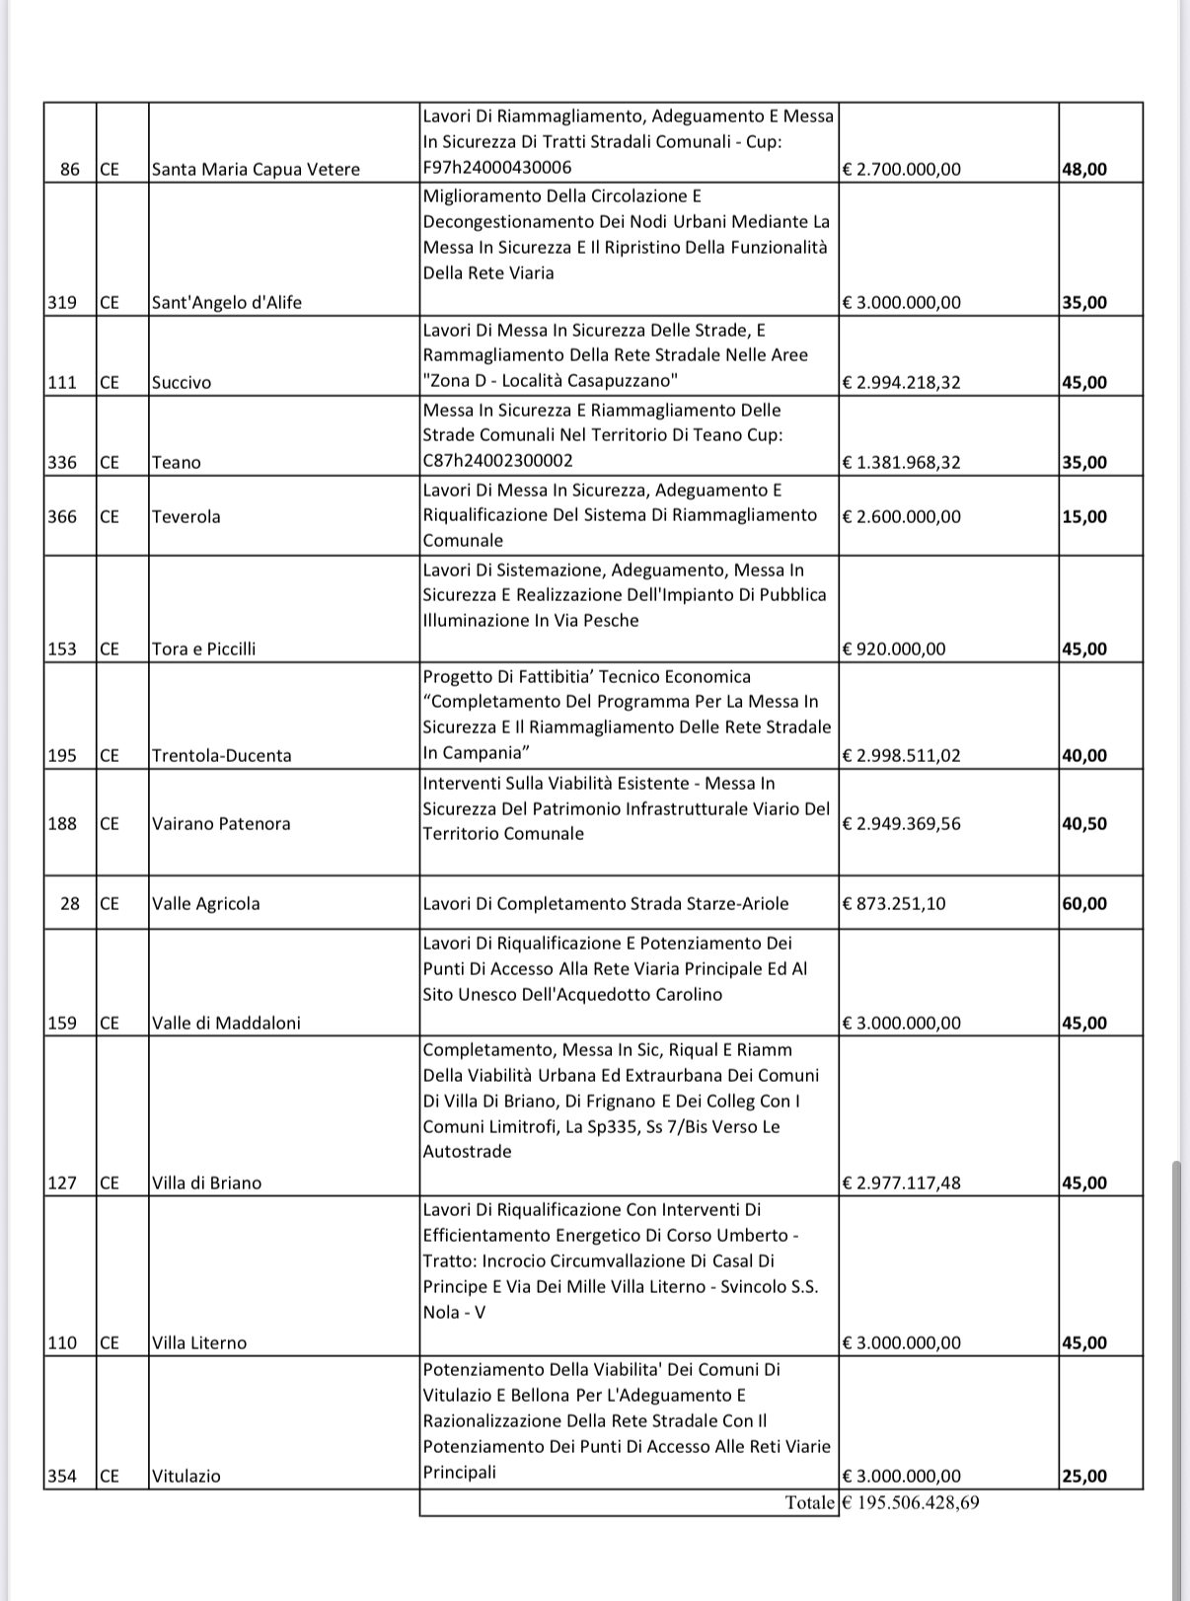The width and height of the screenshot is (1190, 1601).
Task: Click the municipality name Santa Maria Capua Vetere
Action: pos(256,170)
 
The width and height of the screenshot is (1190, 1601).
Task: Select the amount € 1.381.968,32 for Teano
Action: pos(901,463)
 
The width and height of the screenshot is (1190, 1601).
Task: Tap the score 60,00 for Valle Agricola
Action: pos(1084,904)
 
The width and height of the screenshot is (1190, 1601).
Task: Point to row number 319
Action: pos(62,303)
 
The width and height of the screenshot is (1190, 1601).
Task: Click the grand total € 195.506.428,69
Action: pos(911,1503)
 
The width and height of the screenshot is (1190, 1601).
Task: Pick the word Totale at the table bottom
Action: pos(810,1503)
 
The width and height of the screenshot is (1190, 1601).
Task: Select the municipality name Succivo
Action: pos(182,383)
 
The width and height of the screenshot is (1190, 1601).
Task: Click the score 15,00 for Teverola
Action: pos(1084,517)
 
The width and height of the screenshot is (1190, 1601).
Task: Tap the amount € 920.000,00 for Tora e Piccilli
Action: pos(894,649)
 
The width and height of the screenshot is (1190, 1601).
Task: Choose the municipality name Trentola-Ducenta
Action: pos(222,756)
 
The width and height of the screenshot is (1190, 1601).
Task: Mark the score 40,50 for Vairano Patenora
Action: pos(1084,824)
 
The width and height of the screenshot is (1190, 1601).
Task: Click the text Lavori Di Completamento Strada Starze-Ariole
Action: pos(606,904)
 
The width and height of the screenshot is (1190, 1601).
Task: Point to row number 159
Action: pos(62,1024)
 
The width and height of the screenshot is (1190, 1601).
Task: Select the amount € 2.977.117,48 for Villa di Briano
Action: pos(901,1183)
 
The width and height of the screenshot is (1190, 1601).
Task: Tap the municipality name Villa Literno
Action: pos(199,1343)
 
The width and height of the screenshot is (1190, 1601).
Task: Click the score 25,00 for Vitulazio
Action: pos(1084,1477)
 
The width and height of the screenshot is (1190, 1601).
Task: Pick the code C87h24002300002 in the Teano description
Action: pos(497,461)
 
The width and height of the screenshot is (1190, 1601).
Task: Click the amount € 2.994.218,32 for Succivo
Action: pos(901,383)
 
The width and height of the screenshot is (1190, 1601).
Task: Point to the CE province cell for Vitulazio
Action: pos(110,1477)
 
